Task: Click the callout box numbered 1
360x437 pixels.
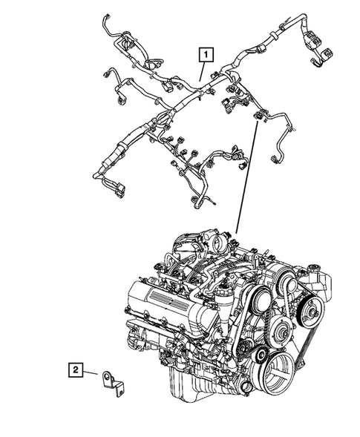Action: coord(203,53)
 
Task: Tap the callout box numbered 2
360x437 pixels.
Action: coord(76,368)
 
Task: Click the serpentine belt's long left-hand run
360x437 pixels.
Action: coord(239,327)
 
